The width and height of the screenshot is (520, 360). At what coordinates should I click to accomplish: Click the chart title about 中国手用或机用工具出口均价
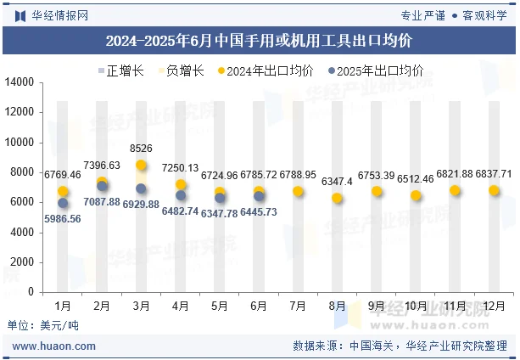(x=260, y=40)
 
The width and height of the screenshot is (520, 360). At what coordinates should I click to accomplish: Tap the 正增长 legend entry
(x=124, y=71)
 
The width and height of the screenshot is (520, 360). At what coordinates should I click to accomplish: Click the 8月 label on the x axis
(x=337, y=305)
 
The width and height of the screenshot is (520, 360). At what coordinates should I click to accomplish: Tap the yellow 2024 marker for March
(x=141, y=166)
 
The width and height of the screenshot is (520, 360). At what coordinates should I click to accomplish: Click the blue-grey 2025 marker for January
(x=63, y=203)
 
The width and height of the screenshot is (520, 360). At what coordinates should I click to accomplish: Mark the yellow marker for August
(x=337, y=198)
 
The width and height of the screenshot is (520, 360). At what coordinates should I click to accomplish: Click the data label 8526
(x=142, y=149)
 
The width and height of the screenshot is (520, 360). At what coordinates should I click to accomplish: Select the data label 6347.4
(x=337, y=182)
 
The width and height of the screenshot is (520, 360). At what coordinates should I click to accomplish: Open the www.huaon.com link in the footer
(x=54, y=346)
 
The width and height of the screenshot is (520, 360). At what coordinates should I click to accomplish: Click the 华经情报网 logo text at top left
(x=54, y=14)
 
